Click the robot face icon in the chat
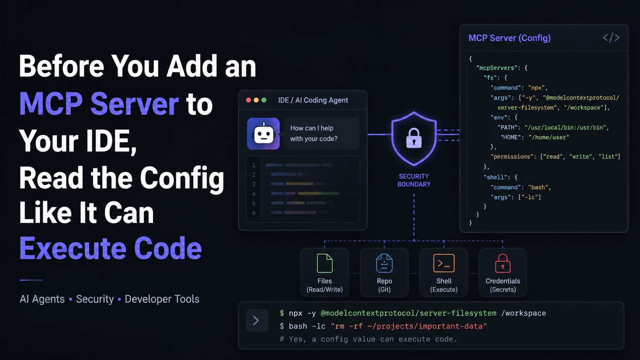point(263,134)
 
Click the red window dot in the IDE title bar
point(248,100)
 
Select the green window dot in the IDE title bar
point(264,100)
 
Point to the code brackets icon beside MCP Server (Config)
point(611,38)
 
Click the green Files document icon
point(325,263)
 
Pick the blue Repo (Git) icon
point(384,263)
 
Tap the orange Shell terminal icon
point(444,263)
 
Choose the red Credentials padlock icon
point(503,263)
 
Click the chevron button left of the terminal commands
point(257,320)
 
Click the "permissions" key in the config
point(512,157)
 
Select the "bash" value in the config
point(538,187)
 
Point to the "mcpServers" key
point(497,68)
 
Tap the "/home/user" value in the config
point(549,137)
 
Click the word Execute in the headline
point(73,248)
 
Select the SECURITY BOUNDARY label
point(414,180)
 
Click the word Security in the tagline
point(95,299)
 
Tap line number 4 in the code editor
point(254,194)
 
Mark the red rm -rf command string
point(408,326)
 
